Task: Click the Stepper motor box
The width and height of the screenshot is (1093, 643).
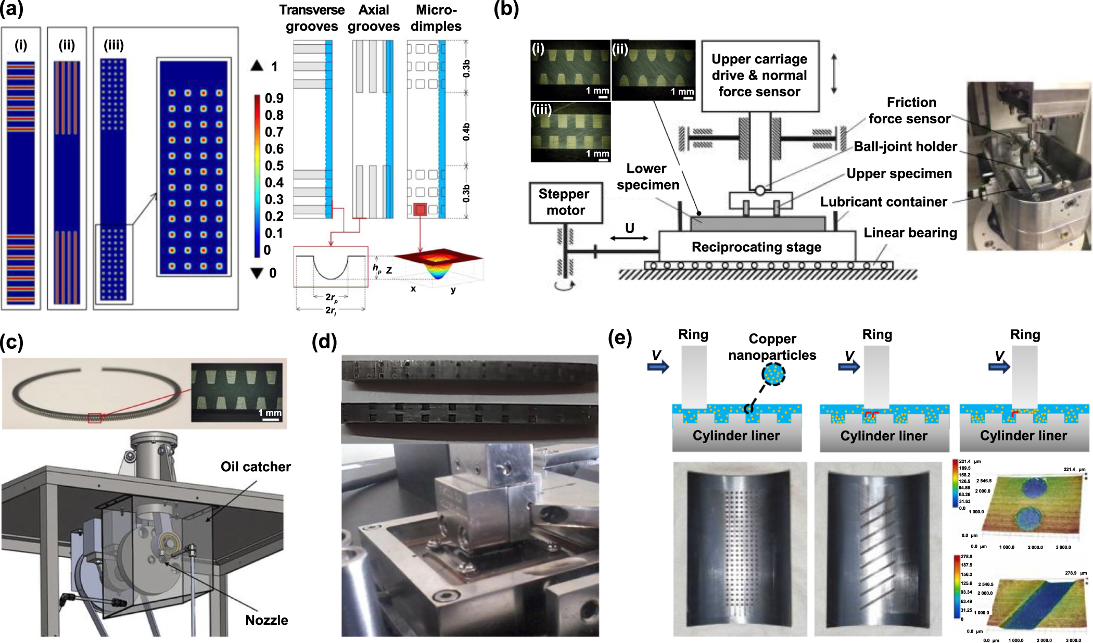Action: [x=565, y=203]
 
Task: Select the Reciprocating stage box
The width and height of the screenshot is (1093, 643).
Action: [x=756, y=247]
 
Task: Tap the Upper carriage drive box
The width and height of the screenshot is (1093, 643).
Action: [x=759, y=75]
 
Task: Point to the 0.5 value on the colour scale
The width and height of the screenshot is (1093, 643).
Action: [x=274, y=166]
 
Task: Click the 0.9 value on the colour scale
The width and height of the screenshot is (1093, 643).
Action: [x=274, y=98]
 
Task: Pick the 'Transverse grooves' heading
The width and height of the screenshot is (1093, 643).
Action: [x=312, y=18]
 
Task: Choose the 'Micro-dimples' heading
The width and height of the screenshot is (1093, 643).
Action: [x=436, y=18]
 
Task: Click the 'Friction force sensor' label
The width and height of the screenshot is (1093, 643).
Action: [x=910, y=110]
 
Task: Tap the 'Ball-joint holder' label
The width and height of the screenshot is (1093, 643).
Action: [x=905, y=147]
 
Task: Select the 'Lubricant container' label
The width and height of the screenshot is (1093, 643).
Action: [x=883, y=202]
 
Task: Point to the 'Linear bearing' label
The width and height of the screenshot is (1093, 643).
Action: [x=910, y=233]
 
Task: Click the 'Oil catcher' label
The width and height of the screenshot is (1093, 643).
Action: [x=256, y=467]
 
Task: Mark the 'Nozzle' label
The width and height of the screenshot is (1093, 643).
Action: [x=266, y=620]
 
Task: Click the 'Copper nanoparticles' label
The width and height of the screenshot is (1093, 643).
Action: [x=772, y=347]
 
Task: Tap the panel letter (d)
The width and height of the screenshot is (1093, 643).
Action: [x=324, y=342]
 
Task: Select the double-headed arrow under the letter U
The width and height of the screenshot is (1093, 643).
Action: [x=629, y=238]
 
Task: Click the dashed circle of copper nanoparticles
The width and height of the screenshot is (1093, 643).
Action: [x=773, y=373]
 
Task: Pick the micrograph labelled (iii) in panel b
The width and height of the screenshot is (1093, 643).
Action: [x=570, y=132]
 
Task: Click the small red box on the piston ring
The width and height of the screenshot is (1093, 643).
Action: [x=94, y=418]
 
